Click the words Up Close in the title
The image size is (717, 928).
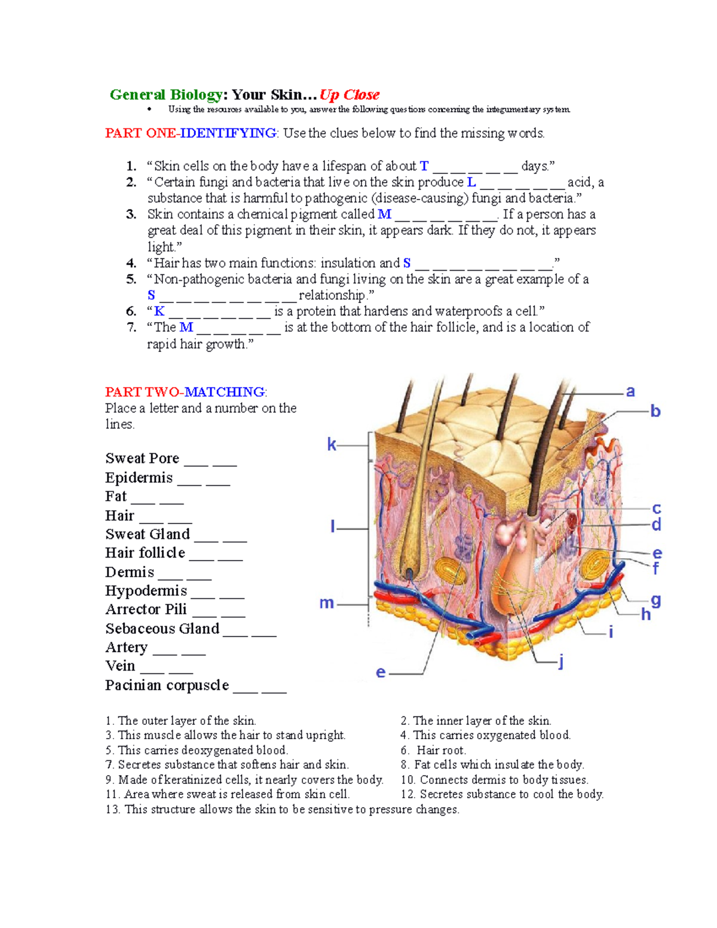tap(350, 95)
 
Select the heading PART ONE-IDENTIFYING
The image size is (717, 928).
tap(191, 133)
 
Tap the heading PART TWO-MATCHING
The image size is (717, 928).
tap(185, 392)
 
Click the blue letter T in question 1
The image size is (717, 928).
tap(424, 166)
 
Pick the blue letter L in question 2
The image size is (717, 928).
tap(471, 182)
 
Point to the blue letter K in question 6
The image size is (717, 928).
tap(159, 311)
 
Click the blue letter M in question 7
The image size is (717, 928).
tap(186, 327)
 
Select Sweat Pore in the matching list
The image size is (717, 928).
tap(142, 458)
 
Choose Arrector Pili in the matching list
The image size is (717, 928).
tap(146, 610)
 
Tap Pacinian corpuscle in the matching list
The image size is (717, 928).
tap(167, 685)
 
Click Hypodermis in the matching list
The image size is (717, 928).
tap(146, 591)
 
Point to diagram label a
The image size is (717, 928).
tap(630, 391)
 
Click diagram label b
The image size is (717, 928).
tap(655, 411)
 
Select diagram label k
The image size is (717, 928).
tap(332, 445)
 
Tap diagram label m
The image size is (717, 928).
tap(326, 603)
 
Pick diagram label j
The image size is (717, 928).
tap(560, 661)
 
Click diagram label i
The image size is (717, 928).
tap(611, 632)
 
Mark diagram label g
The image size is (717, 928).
tap(655, 600)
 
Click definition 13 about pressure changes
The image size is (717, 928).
tap(282, 810)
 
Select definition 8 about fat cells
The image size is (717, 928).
tap(492, 765)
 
